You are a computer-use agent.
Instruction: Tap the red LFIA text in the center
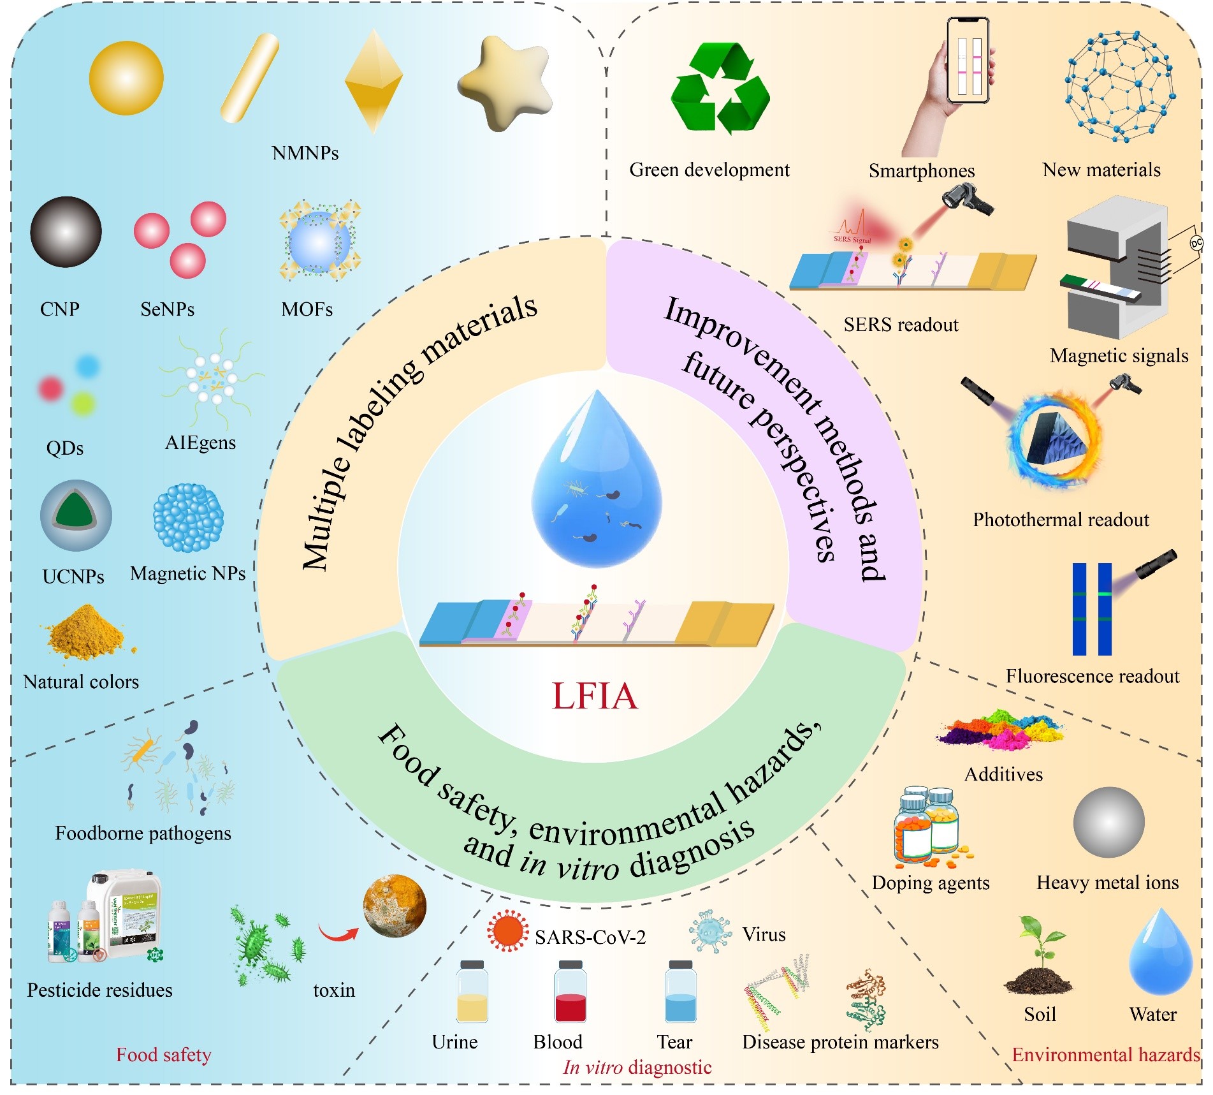point(594,696)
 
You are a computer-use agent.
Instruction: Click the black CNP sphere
point(66,231)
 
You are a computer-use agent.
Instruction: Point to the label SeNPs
point(167,309)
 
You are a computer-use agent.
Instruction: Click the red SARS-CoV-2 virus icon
point(507,932)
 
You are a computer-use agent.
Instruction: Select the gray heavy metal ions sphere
point(1108,822)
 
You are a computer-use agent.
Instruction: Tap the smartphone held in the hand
point(968,61)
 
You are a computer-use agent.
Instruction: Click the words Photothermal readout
point(1061,520)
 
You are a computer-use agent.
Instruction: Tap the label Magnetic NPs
point(187,573)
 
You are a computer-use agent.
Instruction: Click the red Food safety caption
point(163,1055)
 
